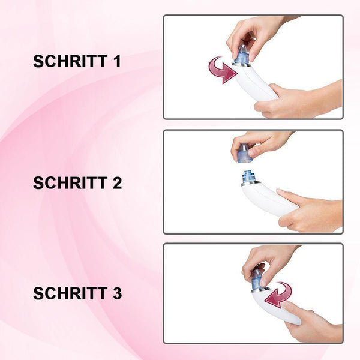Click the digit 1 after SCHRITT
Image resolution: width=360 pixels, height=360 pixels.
coord(118,61)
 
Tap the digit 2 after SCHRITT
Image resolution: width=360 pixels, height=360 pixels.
coord(118,183)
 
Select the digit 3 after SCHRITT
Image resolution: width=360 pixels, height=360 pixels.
coord(118,293)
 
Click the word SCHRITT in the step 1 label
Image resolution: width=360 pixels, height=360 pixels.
coord(70,61)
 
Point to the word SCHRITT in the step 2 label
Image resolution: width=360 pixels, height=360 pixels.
coord(70,183)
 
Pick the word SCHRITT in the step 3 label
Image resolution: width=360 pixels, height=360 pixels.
coord(70,293)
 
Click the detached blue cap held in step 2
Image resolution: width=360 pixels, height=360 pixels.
coord(245,153)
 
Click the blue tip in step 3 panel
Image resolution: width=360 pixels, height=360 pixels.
coord(257,278)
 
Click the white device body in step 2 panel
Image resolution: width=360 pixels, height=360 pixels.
coord(266,199)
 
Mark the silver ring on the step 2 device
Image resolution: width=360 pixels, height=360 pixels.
coord(251,183)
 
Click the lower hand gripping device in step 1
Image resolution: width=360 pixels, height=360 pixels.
coord(298,100)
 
